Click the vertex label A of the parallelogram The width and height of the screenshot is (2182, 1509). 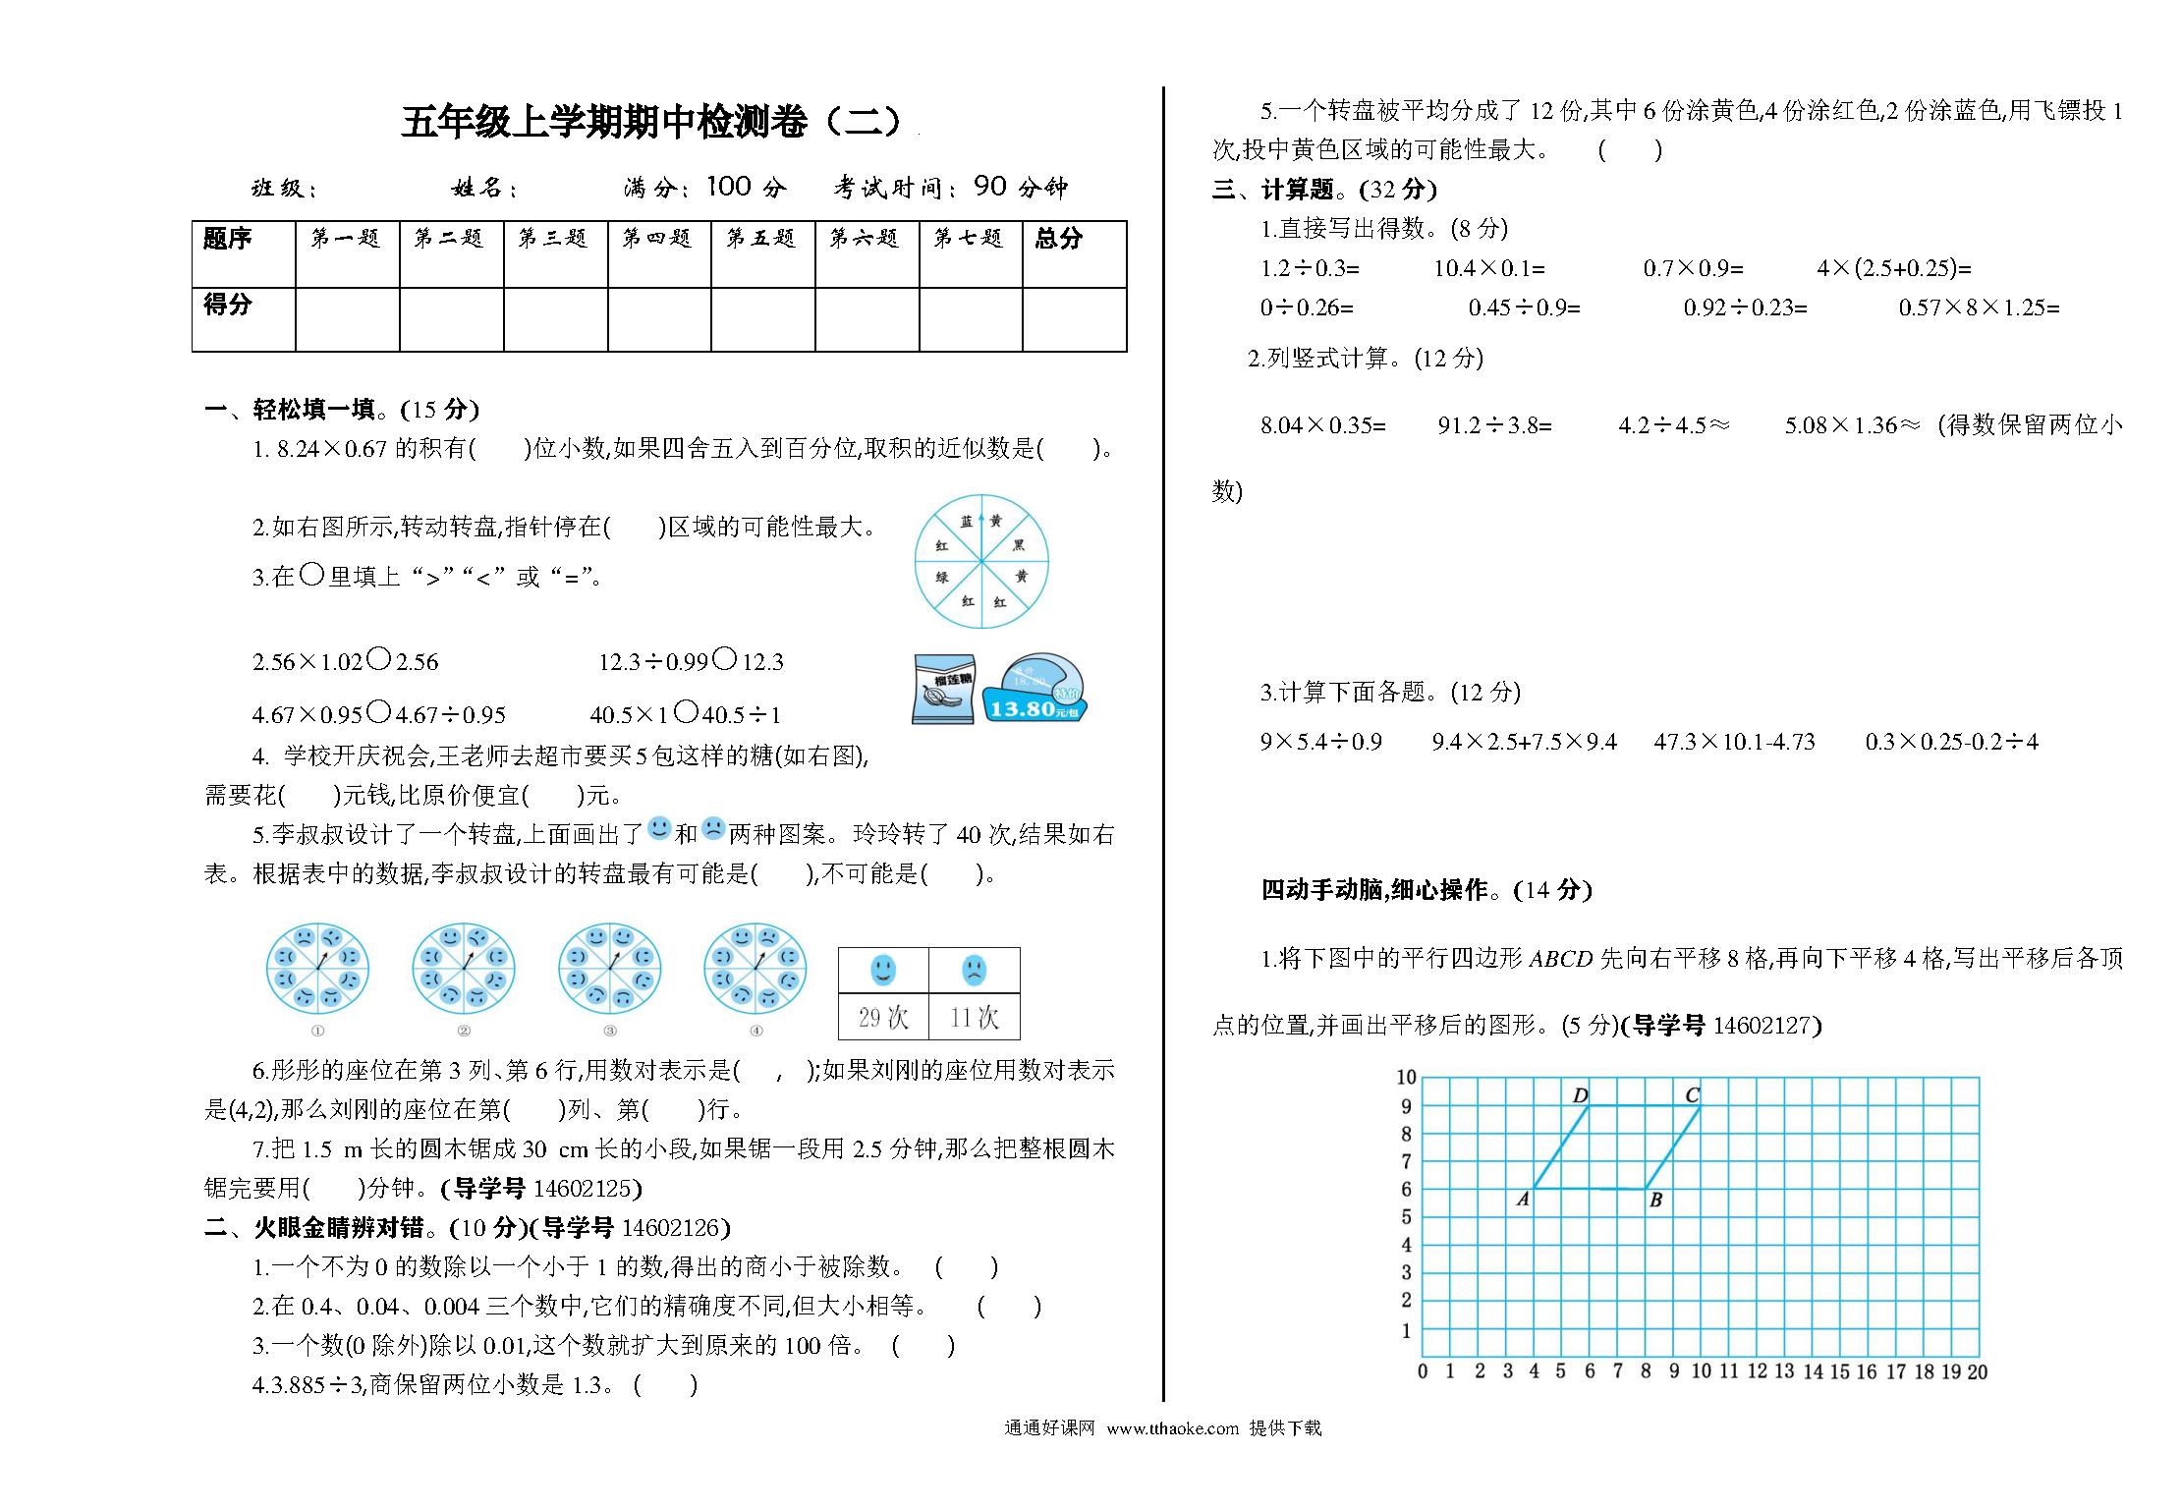point(1523,1199)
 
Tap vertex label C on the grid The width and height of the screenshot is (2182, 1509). point(1692,1094)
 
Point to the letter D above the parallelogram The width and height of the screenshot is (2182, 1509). point(1581,1095)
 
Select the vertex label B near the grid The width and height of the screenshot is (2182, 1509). point(1655,1200)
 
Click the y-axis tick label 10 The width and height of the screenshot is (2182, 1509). point(1406,1077)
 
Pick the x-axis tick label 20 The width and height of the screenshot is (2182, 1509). point(1977,1371)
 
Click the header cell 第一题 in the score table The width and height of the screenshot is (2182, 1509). point(346,239)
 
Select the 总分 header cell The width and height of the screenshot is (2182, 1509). point(1059,239)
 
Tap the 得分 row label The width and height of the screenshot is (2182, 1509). point(228,305)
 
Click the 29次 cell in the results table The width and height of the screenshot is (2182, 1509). point(883,1018)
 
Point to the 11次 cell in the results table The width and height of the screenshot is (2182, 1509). point(974,1018)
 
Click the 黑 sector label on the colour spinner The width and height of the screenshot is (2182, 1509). point(1019,544)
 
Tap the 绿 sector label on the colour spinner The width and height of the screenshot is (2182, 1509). point(941,578)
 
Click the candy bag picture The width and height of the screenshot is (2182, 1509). point(943,690)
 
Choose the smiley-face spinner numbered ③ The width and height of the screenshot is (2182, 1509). point(610,968)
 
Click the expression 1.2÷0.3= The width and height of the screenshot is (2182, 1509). point(1310,268)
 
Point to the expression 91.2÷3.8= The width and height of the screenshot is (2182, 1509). point(1494,425)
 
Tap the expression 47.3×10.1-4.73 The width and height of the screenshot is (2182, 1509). point(1734,742)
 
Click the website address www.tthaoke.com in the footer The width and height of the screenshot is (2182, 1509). point(1172,1428)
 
